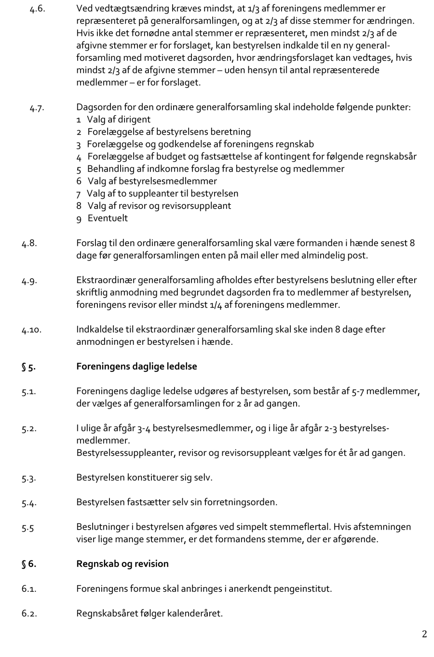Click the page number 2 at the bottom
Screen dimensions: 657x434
click(424, 634)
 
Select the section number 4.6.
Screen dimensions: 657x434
click(37, 9)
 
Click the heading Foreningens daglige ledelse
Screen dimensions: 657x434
click(136, 366)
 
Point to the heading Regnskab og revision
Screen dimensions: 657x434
click(122, 563)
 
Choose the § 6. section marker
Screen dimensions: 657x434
click(28, 564)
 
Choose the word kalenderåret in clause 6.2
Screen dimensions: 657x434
click(195, 614)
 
